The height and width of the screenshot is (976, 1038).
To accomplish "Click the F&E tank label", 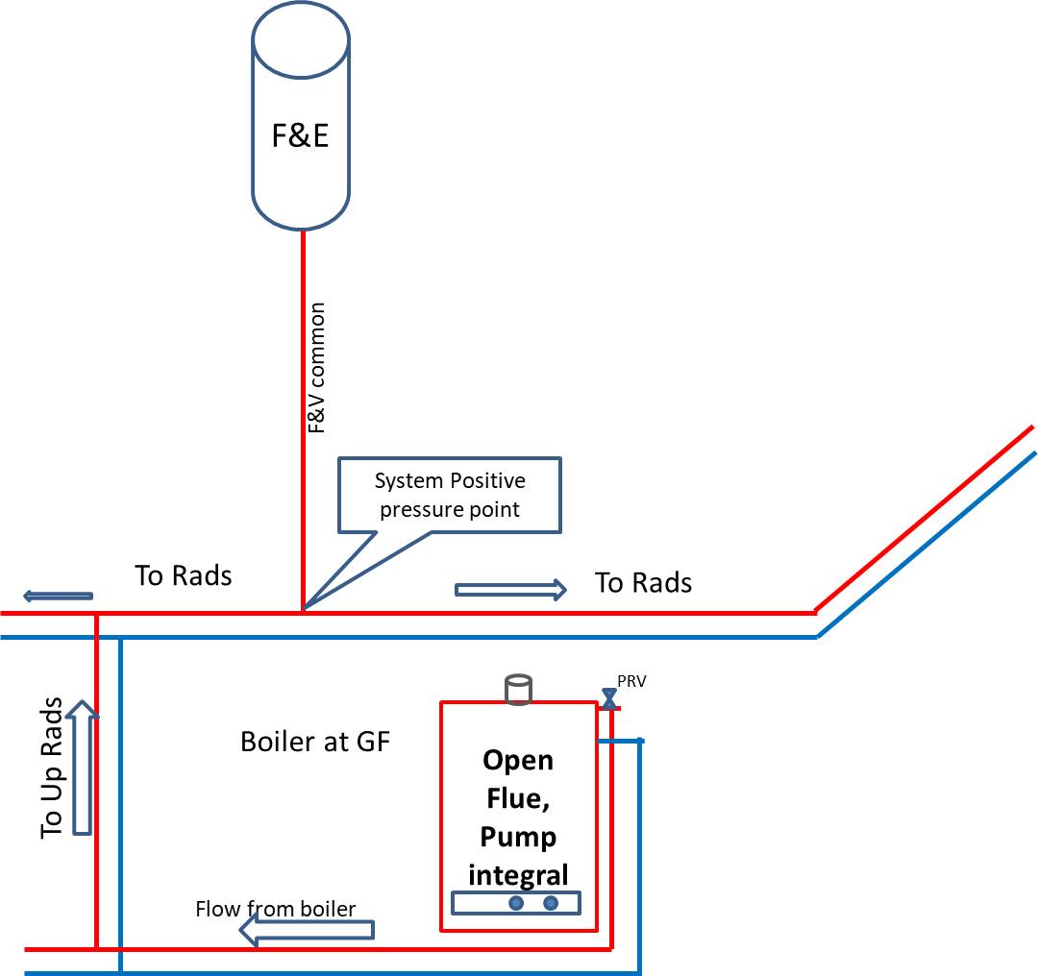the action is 300,135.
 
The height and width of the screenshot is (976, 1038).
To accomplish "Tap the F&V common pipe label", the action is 317,368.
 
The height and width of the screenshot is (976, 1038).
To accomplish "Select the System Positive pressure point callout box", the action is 450,495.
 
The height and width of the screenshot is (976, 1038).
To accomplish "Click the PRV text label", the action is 631,681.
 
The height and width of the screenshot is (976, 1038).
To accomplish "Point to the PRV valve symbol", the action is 609,698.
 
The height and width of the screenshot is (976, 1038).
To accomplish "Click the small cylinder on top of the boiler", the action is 518,689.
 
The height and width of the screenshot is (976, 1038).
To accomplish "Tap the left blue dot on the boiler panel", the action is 516,903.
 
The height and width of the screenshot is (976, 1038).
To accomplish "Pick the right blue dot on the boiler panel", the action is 551,903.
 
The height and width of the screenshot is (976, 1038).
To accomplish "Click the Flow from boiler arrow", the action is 307,930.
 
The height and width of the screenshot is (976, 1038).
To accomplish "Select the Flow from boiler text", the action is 276,909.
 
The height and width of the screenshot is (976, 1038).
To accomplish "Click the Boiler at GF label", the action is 315,742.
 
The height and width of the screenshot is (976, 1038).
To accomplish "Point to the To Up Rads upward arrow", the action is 82,768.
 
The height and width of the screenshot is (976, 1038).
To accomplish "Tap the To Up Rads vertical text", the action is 51,768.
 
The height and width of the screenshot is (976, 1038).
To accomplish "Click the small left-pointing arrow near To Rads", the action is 59,597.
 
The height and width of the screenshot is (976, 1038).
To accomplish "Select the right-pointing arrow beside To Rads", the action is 510,590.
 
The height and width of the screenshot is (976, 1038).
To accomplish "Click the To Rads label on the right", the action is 643,583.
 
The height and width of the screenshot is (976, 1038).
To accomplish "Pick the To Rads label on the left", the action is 184,575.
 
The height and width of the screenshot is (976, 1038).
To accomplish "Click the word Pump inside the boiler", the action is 518,838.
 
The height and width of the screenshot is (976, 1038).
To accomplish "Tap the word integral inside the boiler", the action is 518,875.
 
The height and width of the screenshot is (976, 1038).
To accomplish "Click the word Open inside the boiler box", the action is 518,761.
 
